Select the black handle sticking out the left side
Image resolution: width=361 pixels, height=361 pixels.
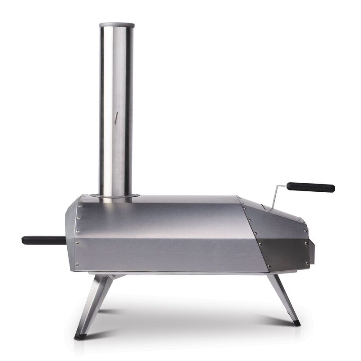click(43, 240)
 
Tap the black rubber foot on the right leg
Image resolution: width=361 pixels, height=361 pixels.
click(296, 323)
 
